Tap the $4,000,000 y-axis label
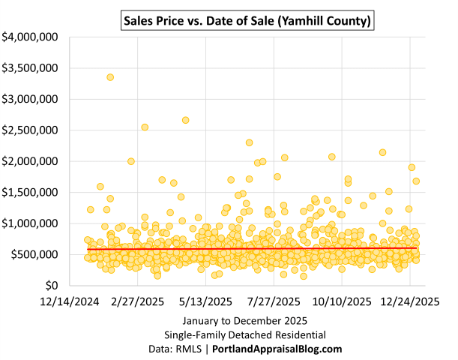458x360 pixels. click(x=32, y=36)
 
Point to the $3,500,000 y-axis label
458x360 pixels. click(x=32, y=67)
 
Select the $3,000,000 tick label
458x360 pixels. click(x=32, y=98)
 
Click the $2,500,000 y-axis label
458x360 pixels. click(x=32, y=130)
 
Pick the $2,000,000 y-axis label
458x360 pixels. click(x=32, y=161)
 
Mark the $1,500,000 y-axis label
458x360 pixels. click(x=32, y=192)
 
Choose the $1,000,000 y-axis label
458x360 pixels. click(x=32, y=223)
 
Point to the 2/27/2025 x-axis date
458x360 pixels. click(x=137, y=302)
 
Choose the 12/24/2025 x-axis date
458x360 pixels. click(x=409, y=302)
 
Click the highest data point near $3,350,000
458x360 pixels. click(x=110, y=77)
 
